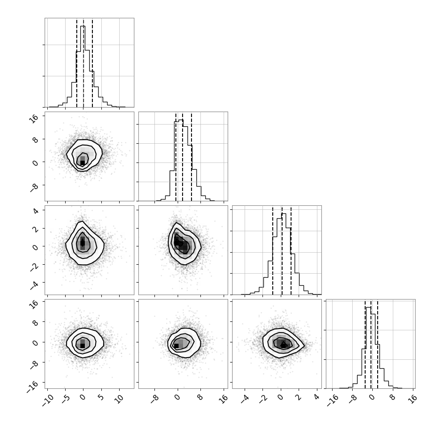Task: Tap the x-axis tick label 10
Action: [120, 399]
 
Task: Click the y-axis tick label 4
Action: [35, 212]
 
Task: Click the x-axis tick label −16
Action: [333, 401]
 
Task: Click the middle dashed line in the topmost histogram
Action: [83, 62]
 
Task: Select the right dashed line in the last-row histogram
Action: [378, 344]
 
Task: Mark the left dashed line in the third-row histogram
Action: [273, 250]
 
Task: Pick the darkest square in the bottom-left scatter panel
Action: [82, 346]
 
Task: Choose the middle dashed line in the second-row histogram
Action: [183, 156]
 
